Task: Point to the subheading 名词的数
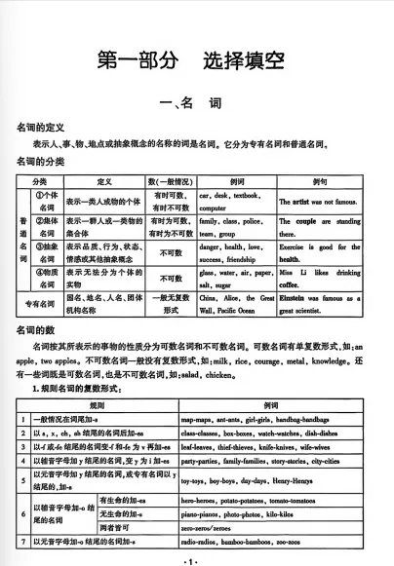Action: point(35,332)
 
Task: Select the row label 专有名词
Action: point(39,303)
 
